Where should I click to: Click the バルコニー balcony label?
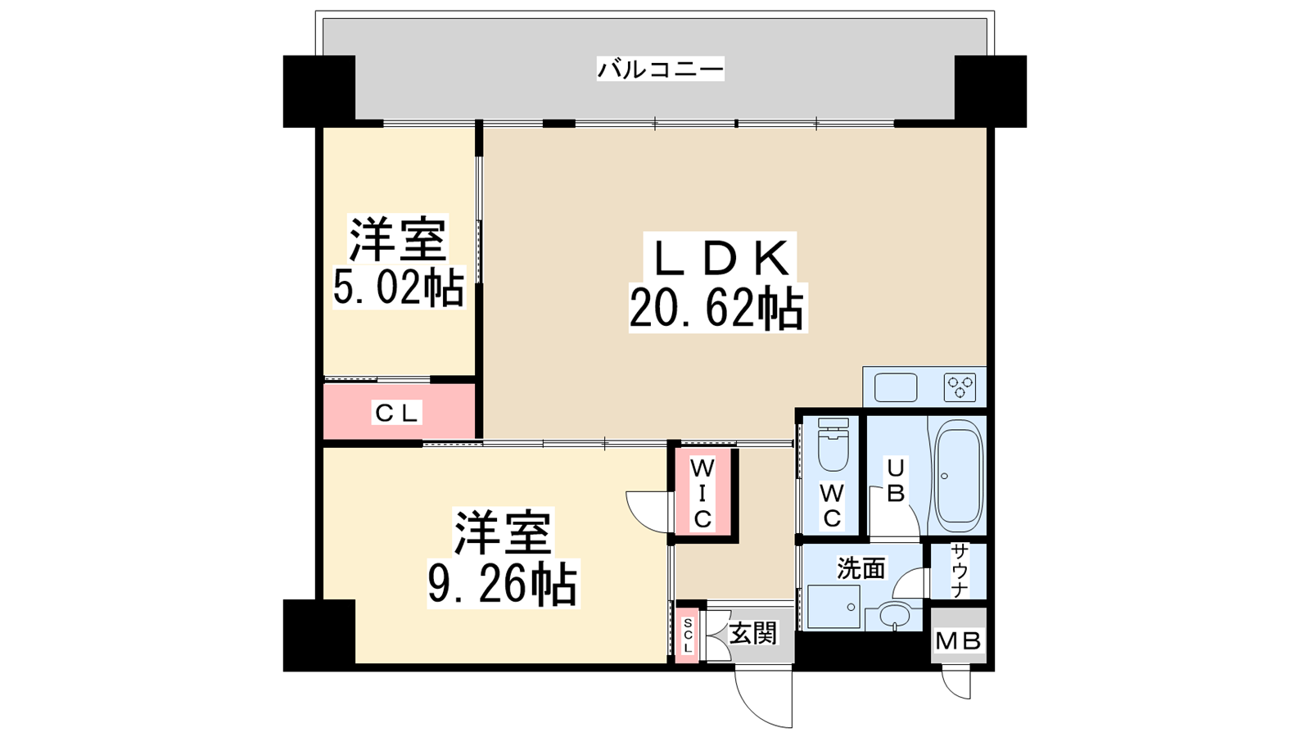click(x=660, y=69)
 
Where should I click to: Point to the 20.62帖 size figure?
click(x=717, y=308)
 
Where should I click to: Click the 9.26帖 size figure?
click(x=503, y=583)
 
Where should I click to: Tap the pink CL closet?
click(x=399, y=411)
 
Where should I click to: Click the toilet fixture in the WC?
click(x=833, y=444)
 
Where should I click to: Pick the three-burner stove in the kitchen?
click(x=960, y=388)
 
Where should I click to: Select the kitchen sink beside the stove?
click(x=896, y=388)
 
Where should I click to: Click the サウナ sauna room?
click(x=959, y=571)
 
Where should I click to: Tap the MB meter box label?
click(x=958, y=641)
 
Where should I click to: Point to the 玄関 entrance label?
click(x=753, y=633)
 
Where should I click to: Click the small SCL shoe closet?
click(x=688, y=635)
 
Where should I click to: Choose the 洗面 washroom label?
click(x=861, y=568)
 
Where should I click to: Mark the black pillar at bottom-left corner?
click(x=319, y=635)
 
